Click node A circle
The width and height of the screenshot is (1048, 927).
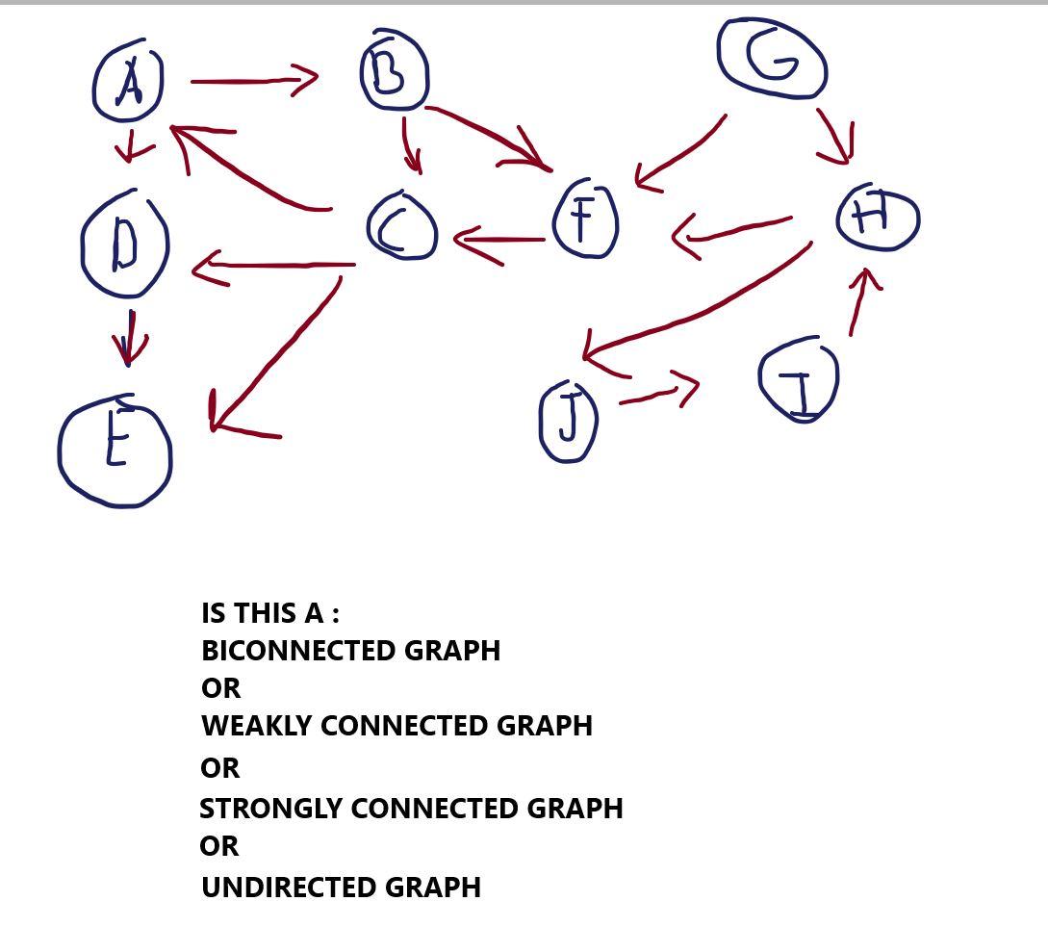coord(128,83)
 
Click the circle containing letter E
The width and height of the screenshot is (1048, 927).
coord(115,451)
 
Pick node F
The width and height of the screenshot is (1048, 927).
coord(585,219)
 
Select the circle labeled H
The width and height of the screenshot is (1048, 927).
coord(878,217)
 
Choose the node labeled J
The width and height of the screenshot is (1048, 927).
coord(569,421)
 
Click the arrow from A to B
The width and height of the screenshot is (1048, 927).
coord(255,81)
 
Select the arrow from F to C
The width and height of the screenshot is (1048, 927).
coord(498,241)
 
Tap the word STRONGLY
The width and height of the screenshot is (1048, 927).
coord(271,809)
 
